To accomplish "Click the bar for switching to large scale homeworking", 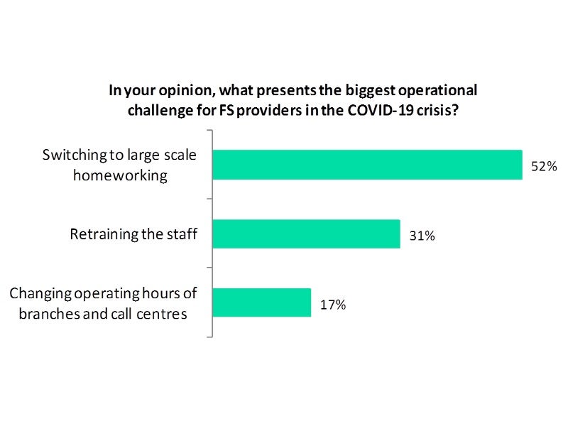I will pos(367,165).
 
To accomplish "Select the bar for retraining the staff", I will pos(306,234).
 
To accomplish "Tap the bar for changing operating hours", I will pos(261,302).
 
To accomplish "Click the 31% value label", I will pos(422,236).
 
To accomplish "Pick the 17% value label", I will pos(332,305).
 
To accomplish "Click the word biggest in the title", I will pos(354,91).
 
